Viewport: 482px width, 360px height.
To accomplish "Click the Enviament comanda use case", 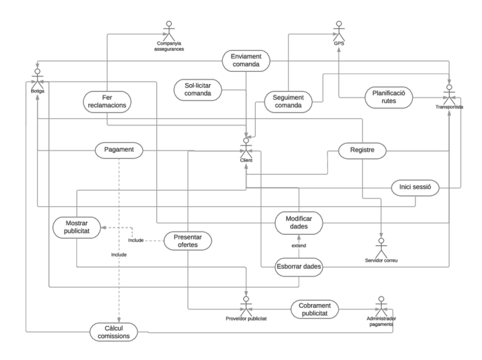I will [246, 60].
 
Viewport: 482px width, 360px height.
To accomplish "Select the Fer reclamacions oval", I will [107, 101].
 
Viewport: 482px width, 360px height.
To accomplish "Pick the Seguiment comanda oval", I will [290, 101].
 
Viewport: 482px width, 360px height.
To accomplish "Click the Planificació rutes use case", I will [388, 96].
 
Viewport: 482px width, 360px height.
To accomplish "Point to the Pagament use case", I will [119, 151].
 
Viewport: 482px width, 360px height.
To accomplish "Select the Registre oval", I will [362, 151].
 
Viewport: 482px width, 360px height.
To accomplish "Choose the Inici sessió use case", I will [415, 188].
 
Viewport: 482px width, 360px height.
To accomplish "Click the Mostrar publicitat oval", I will [76, 227].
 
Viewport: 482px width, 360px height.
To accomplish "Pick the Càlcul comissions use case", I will [118, 331].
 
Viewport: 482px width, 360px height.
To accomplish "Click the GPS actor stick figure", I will [339, 30].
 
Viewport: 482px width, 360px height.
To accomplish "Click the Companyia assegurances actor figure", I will [168, 30].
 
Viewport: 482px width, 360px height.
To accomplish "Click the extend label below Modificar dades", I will [299, 245].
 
